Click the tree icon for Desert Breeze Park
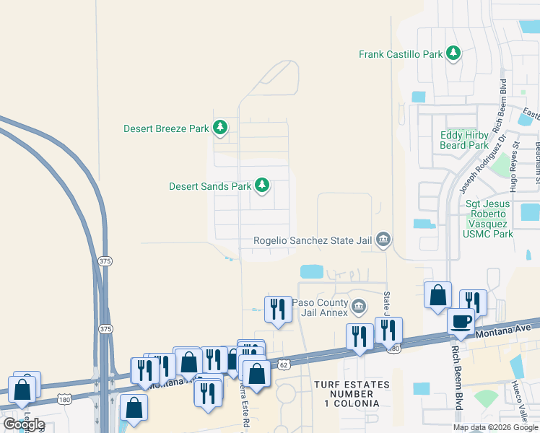pos(220,129)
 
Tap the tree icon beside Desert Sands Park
pos(262,187)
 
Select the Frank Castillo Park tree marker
pos(453,54)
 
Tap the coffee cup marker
pos(461,322)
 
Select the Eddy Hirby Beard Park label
pos(464,140)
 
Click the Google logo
pos(24,424)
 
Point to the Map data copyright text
pos(496,427)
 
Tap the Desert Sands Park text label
pos(210,186)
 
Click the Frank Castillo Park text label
pos(401,54)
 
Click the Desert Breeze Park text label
pos(166,129)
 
